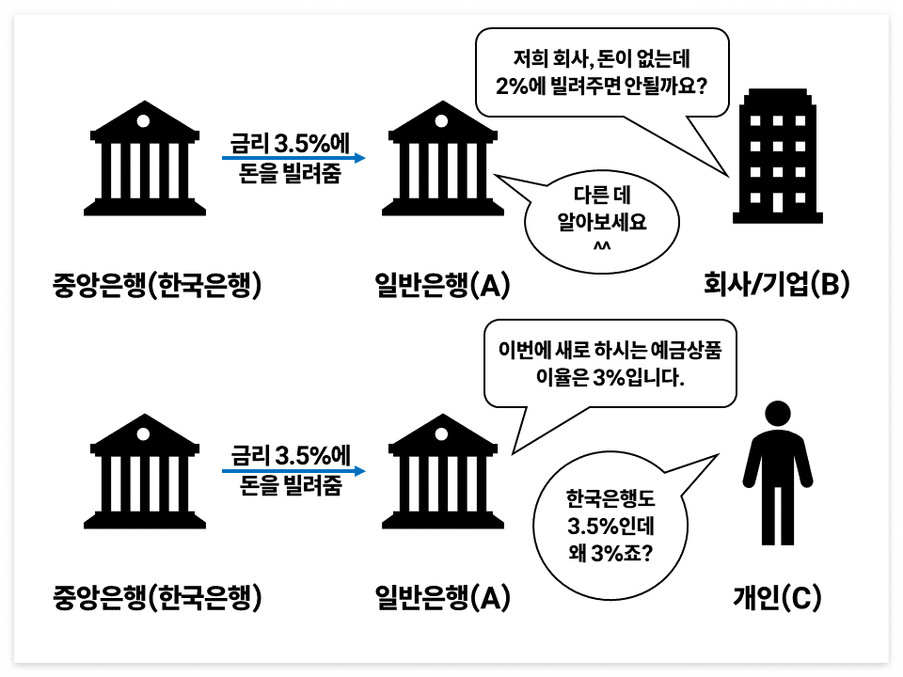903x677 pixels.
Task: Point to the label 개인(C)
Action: click(777, 596)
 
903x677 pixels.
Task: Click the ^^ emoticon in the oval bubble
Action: click(602, 247)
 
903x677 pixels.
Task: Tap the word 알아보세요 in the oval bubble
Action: click(602, 223)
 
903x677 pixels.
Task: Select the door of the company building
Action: click(777, 202)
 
